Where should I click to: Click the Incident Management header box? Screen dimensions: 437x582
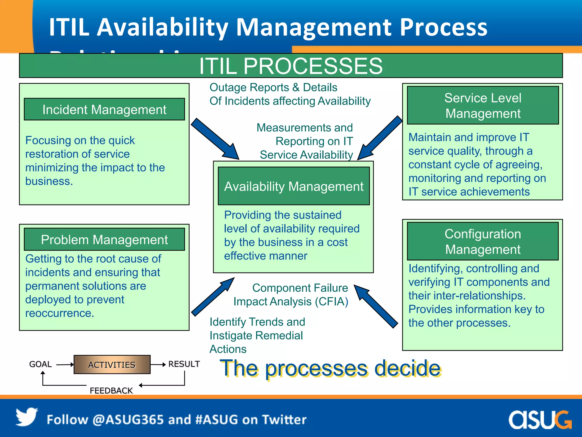click(104, 110)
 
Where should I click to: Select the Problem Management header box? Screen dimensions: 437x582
click(104, 240)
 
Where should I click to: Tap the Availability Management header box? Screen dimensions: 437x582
click(294, 186)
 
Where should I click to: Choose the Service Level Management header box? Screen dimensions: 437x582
click(483, 106)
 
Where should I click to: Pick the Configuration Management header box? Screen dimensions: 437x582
click(483, 241)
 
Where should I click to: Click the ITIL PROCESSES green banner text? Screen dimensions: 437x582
click(291, 66)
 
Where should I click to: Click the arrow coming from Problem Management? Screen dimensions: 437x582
click(213, 297)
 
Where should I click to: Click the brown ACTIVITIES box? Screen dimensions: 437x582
click(112, 364)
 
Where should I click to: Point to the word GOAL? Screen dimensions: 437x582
click(40, 364)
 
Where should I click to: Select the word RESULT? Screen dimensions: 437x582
click(184, 364)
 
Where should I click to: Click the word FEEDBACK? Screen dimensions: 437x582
click(111, 391)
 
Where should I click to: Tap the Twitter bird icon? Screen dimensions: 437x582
click(26, 417)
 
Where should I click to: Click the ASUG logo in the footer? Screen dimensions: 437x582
click(540, 420)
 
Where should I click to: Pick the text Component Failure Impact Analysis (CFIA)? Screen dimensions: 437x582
click(291, 295)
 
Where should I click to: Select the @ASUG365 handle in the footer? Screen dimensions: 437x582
click(128, 420)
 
